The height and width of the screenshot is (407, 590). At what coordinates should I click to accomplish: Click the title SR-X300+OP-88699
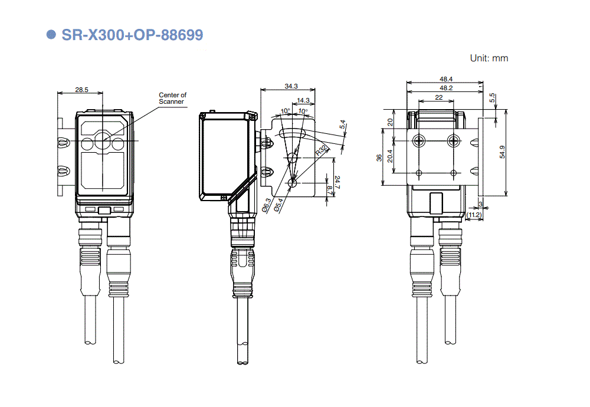132,35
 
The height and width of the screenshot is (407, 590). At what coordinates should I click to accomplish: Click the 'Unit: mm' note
489,58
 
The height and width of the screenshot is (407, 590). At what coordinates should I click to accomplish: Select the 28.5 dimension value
81,90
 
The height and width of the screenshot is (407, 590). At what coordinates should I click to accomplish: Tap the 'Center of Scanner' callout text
172,98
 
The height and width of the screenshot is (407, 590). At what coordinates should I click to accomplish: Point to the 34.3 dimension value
291,86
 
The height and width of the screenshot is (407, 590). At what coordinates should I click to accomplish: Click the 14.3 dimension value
303,100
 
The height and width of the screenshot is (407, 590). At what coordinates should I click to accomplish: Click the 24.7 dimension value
337,182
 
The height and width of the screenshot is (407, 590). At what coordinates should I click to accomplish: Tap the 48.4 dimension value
445,79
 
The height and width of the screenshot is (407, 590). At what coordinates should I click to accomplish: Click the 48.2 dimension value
445,88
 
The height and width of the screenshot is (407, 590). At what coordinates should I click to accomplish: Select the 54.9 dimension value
502,152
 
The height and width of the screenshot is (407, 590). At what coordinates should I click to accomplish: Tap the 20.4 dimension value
389,157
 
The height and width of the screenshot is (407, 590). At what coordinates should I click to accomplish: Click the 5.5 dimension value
492,98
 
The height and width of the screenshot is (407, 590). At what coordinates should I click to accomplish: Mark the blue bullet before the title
51,35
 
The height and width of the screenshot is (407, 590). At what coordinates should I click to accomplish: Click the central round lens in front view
102,142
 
